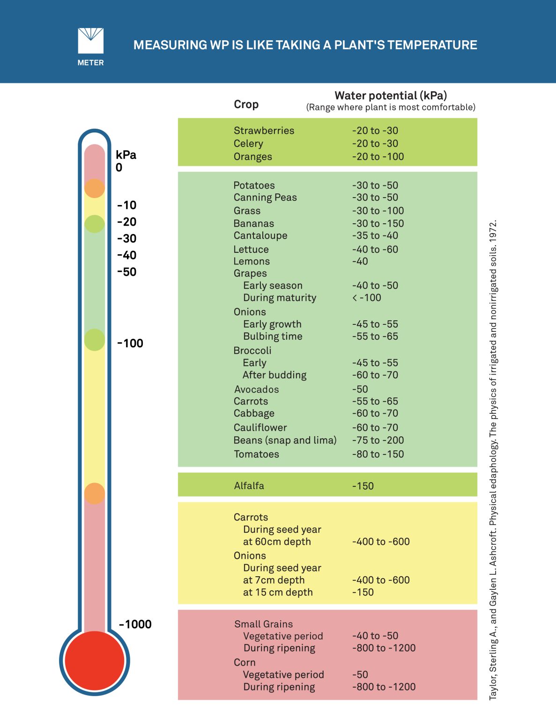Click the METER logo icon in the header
[90, 41]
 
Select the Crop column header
[246, 104]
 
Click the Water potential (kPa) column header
[391, 96]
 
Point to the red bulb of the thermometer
[95, 660]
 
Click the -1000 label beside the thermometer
[135, 624]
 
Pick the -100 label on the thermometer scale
[130, 343]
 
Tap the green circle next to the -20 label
[95, 224]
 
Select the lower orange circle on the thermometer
[95, 494]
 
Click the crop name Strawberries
[264, 131]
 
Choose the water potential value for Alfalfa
[363, 486]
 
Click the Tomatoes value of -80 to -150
[378, 454]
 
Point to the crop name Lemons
[252, 261]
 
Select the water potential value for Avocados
[360, 389]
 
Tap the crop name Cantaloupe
[260, 235]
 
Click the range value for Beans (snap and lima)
[378, 440]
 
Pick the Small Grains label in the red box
[263, 624]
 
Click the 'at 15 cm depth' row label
[277, 592]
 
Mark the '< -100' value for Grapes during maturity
[366, 298]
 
